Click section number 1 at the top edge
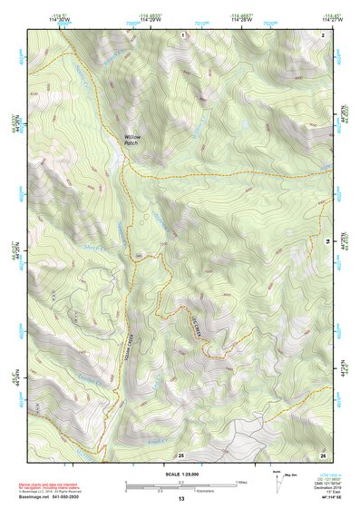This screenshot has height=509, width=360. [x=182, y=34]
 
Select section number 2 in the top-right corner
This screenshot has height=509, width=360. [x=323, y=34]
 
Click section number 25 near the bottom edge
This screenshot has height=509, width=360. [x=181, y=454]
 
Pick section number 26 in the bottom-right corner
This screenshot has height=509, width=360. [x=323, y=454]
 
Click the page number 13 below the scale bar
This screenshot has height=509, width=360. [x=180, y=499]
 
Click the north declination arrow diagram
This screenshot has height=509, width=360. [x=277, y=479]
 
